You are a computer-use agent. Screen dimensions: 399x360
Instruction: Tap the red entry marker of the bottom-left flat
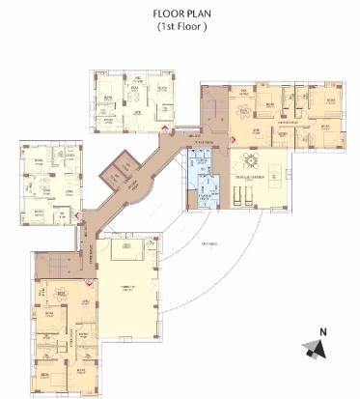(90, 282)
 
